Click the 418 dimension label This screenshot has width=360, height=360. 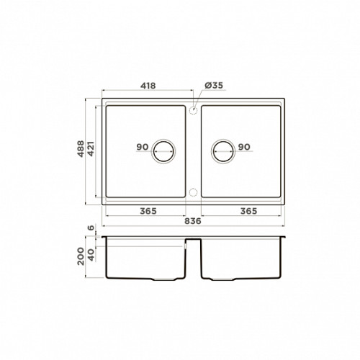tap(148, 86)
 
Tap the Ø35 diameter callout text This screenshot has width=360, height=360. tap(214, 85)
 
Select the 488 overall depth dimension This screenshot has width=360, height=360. tap(81, 149)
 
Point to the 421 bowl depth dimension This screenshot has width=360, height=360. tap(91, 149)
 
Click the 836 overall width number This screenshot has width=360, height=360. tap(193, 221)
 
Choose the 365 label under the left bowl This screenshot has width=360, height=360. tap(148, 211)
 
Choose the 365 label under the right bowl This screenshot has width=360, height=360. tap(249, 211)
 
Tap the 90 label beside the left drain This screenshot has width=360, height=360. tap(143, 147)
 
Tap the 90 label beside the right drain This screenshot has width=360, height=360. tap(244, 147)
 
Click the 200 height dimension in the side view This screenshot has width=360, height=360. tap(81, 256)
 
